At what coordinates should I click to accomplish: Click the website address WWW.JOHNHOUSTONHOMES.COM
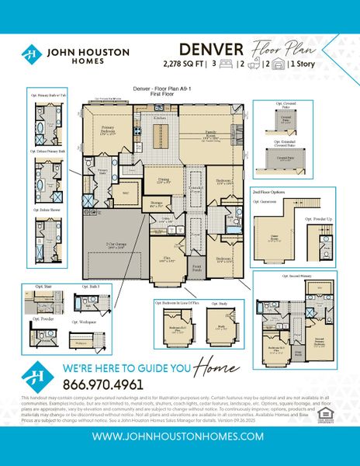tap(179, 436)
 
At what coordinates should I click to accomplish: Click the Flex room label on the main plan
tap(166, 260)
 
